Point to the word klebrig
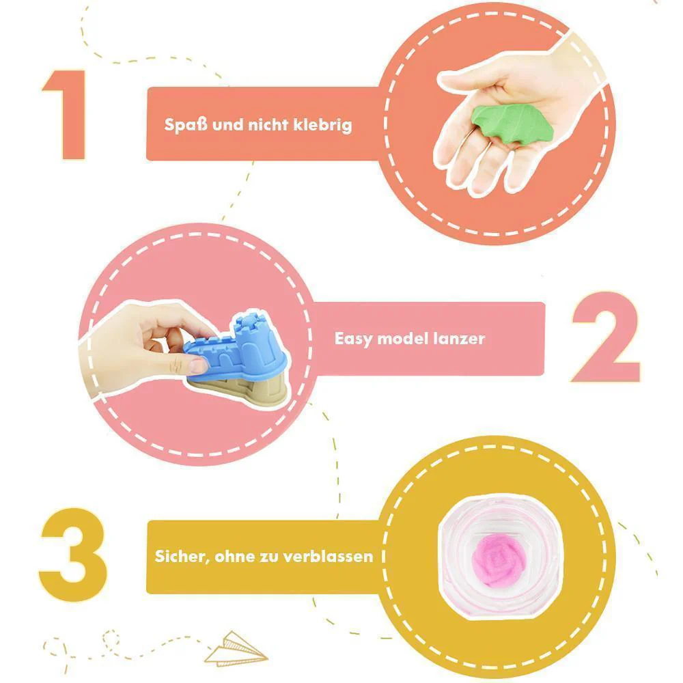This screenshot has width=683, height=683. pyautogui.click(x=322, y=125)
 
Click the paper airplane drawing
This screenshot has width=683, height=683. pyautogui.click(x=236, y=650)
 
